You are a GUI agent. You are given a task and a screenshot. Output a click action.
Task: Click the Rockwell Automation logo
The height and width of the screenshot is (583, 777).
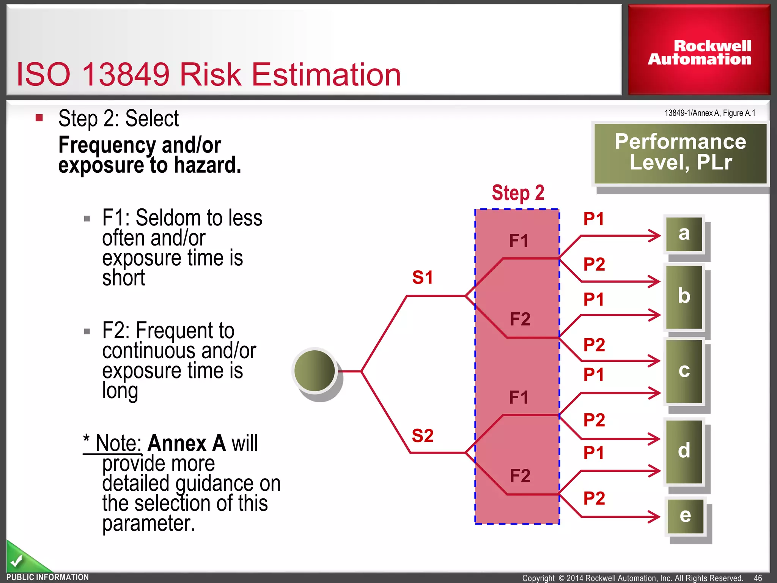(x=699, y=52)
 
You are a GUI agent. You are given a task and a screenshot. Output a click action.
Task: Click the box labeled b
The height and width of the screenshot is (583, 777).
(x=684, y=297)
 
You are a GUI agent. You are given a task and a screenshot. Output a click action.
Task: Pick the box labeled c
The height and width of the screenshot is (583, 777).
(x=684, y=371)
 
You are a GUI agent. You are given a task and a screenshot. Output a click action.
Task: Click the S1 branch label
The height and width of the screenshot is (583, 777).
(x=422, y=277)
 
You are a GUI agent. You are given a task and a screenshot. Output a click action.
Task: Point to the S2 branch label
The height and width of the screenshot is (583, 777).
(x=422, y=436)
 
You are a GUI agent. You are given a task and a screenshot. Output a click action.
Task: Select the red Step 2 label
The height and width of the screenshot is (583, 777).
(x=518, y=193)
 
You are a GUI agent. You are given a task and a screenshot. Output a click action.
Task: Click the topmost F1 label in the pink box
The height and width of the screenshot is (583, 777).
(x=519, y=241)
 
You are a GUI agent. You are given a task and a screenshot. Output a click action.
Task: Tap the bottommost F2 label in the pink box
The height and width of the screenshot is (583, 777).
(x=520, y=476)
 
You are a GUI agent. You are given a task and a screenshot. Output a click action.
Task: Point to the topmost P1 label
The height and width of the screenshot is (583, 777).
(x=593, y=219)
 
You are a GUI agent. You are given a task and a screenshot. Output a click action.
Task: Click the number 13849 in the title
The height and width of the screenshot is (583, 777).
(x=126, y=74)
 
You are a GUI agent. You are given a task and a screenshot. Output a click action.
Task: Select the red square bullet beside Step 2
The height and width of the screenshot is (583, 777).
(x=39, y=118)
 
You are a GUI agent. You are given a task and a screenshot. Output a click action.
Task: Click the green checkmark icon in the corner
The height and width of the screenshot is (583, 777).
(x=16, y=560)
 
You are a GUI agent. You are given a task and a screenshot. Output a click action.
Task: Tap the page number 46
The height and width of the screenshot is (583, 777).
(x=758, y=578)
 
